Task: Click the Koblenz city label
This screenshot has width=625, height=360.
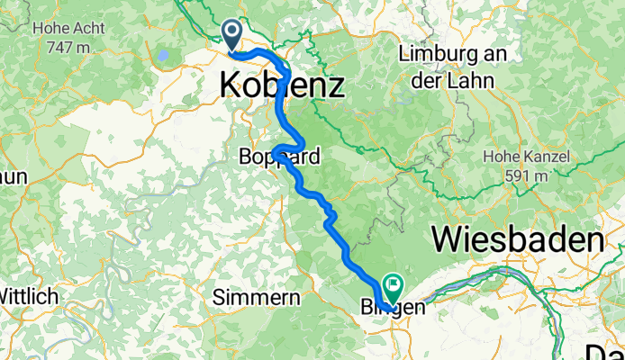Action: tap(282, 86)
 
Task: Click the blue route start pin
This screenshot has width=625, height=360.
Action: tap(232, 35)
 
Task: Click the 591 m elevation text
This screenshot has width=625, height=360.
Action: tap(525, 175)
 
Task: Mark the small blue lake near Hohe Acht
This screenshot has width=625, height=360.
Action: tap(164, 56)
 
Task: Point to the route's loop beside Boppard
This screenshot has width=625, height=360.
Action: tap(290, 147)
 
